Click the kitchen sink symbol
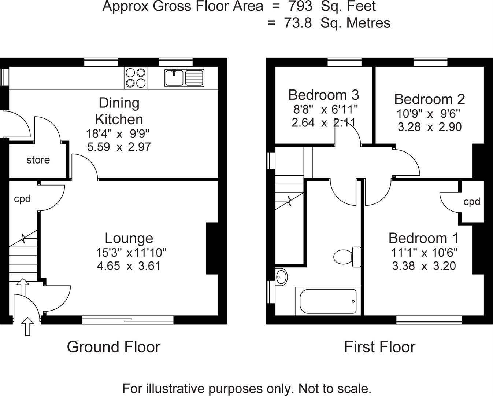184,78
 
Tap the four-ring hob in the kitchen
136,78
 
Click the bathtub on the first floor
328,301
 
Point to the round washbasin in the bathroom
281,277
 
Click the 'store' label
38,160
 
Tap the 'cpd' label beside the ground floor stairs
22,199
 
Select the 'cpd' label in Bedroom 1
471,202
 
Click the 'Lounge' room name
129,238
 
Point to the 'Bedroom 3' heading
323,95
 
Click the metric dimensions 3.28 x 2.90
429,127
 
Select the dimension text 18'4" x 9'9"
118,133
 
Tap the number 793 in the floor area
300,6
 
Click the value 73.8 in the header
298,23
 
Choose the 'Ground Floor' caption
114,347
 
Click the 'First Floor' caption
379,347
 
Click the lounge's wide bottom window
128,320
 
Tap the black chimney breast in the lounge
212,248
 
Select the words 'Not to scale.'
335,388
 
